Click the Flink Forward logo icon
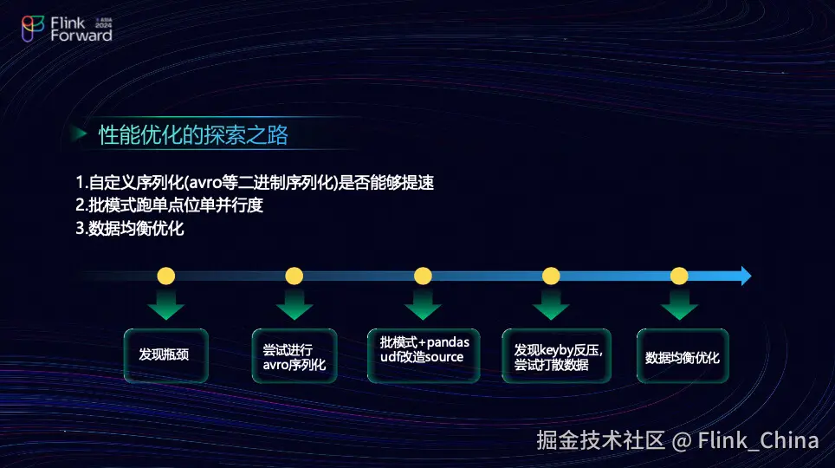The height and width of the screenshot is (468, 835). pos(33,29)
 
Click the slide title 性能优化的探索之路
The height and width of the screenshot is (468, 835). pos(193,135)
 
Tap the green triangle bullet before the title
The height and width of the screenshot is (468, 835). pos(80,133)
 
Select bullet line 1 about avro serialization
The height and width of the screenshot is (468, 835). pos(255,183)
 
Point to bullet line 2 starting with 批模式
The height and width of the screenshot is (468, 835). pos(170,205)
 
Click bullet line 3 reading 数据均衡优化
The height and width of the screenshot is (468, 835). pos(129,229)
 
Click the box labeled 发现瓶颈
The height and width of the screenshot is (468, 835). pos(165,355)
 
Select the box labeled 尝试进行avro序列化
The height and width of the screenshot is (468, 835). pos(294,355)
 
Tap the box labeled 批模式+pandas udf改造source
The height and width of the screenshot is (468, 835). pos(424,355)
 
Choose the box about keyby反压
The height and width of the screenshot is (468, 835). pos(556,355)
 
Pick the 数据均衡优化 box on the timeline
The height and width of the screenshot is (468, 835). pos(683,355)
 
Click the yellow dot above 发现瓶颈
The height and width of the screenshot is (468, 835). pos(166,276)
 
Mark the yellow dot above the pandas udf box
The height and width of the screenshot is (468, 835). pos(423,276)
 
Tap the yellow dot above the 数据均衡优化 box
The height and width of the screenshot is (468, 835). pos(679,276)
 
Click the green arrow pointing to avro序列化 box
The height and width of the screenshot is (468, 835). pos(295,304)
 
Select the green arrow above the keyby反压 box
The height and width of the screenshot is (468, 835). pos(551,304)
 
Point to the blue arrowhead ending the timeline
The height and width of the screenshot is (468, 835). pos(745,276)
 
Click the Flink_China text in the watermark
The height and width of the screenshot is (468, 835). pos(758,441)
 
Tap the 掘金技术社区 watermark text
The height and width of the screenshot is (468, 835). pos(600,441)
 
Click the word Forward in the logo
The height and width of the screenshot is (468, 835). pos(81,36)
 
